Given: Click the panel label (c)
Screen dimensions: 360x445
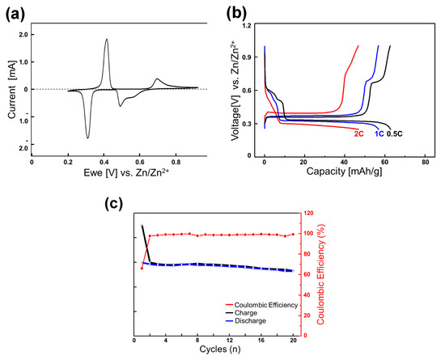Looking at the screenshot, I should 120,202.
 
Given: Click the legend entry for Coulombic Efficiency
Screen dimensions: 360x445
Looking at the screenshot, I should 259,304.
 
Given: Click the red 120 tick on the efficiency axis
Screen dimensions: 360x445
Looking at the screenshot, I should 308,214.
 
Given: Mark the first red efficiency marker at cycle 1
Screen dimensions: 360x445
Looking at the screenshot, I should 142,268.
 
